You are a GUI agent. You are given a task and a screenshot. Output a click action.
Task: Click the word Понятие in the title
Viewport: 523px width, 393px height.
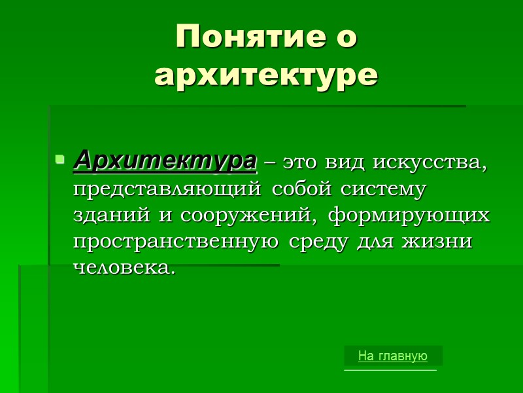pos(246,37)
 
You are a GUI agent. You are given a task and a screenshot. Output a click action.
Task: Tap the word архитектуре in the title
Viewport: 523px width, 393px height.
pos(266,75)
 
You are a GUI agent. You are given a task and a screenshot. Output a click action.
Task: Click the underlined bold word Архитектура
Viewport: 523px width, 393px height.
pos(165,160)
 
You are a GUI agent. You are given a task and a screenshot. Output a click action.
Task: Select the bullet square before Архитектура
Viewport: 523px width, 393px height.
pos(59,159)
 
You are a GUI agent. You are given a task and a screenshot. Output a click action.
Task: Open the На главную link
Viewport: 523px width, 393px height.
pos(392,356)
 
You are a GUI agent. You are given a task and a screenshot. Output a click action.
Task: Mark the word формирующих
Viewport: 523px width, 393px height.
pos(409,215)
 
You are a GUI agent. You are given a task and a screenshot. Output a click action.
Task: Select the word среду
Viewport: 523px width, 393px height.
pos(320,242)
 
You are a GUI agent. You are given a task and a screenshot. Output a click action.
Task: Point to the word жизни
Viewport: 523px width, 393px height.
pos(443,242)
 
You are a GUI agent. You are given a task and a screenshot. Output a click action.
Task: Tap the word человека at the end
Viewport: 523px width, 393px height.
pos(124,268)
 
